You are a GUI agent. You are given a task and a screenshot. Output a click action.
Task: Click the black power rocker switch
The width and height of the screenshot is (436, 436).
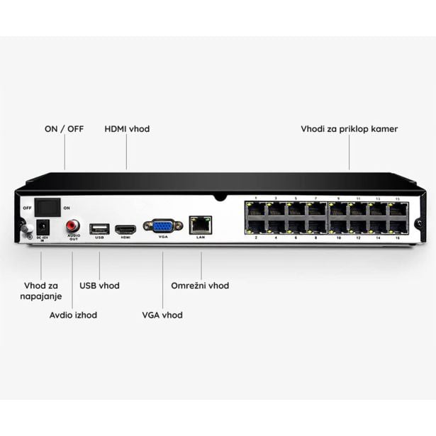[x=47, y=207]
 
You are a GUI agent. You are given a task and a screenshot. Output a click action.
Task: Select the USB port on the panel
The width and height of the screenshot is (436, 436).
[x=99, y=228]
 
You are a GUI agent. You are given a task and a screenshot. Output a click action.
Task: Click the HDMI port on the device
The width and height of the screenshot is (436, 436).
[x=125, y=229]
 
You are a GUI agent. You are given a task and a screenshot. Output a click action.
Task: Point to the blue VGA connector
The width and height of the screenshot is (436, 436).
[x=162, y=225]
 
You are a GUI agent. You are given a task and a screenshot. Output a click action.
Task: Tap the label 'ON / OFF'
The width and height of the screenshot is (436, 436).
[x=64, y=129]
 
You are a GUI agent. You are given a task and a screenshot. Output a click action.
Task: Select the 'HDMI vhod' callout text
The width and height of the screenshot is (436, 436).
[x=127, y=129]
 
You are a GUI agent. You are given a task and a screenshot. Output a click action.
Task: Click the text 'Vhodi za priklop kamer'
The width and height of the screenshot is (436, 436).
[x=349, y=129]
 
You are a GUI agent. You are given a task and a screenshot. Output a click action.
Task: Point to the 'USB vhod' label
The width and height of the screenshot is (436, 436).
[x=99, y=286]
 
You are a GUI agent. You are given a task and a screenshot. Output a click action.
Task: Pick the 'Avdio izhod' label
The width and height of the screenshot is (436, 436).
[x=73, y=315]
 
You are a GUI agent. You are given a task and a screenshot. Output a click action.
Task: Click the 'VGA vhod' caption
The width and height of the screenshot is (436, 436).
[x=162, y=315]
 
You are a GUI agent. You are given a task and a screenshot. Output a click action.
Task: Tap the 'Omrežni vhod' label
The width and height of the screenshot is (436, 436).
[x=200, y=286]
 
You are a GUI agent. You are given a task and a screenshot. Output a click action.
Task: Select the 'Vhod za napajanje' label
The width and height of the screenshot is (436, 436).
[x=40, y=291]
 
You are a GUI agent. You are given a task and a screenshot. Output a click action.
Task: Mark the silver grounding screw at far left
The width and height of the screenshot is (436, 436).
[x=23, y=228]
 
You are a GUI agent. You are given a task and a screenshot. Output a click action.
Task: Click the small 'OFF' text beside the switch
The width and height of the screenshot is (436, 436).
[x=27, y=208]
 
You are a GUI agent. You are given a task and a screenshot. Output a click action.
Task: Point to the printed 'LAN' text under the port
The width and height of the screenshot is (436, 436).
[x=201, y=237]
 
